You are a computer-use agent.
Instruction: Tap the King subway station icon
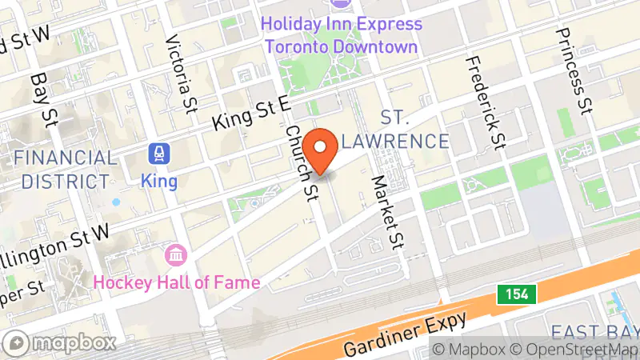point(158,152)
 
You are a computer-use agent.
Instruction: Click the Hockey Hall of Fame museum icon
point(175,256)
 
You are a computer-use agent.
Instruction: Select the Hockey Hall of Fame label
point(176,282)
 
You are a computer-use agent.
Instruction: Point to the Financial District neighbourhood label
point(65,169)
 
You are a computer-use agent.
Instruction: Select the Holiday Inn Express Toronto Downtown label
point(342,35)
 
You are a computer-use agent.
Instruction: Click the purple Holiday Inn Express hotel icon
point(341,4)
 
